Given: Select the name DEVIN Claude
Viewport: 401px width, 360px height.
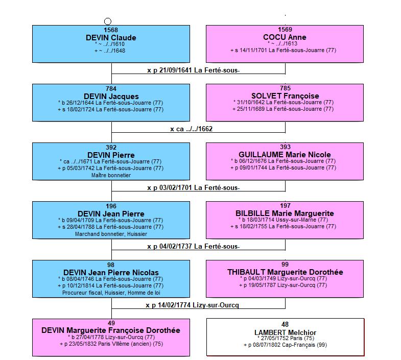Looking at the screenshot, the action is [111, 38].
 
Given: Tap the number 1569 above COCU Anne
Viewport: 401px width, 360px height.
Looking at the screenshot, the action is [285, 30].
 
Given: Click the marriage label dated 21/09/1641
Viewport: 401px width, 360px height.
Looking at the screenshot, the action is [193, 70].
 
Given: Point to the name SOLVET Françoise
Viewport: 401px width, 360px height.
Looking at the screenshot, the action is [285, 96].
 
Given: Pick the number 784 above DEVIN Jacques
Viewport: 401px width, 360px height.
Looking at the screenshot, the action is [111, 88].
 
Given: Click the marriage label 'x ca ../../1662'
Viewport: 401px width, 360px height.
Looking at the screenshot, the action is [191, 129].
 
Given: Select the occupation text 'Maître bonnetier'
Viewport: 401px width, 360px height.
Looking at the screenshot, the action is [111, 175].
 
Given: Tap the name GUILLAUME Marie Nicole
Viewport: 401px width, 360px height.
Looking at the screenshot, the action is [285, 155].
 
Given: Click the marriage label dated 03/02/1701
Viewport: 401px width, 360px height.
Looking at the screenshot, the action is [193, 188].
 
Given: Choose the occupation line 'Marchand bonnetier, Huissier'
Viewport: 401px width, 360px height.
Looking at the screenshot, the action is [111, 234].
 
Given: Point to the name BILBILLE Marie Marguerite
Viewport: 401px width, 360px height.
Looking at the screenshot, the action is [285, 213].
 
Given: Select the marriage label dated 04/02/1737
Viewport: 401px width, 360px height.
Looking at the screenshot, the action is [193, 247].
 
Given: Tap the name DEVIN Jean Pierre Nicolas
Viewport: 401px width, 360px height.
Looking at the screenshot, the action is [111, 273].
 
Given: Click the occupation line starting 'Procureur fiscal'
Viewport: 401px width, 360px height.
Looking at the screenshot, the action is [111, 293].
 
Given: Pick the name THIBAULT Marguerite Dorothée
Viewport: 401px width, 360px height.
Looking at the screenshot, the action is [285, 272].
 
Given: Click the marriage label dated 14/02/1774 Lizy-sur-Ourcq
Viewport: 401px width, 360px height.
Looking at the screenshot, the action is [192, 305].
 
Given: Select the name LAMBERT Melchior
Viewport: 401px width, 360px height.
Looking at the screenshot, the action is [285, 332].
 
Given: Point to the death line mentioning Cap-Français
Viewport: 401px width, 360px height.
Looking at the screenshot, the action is [285, 345].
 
